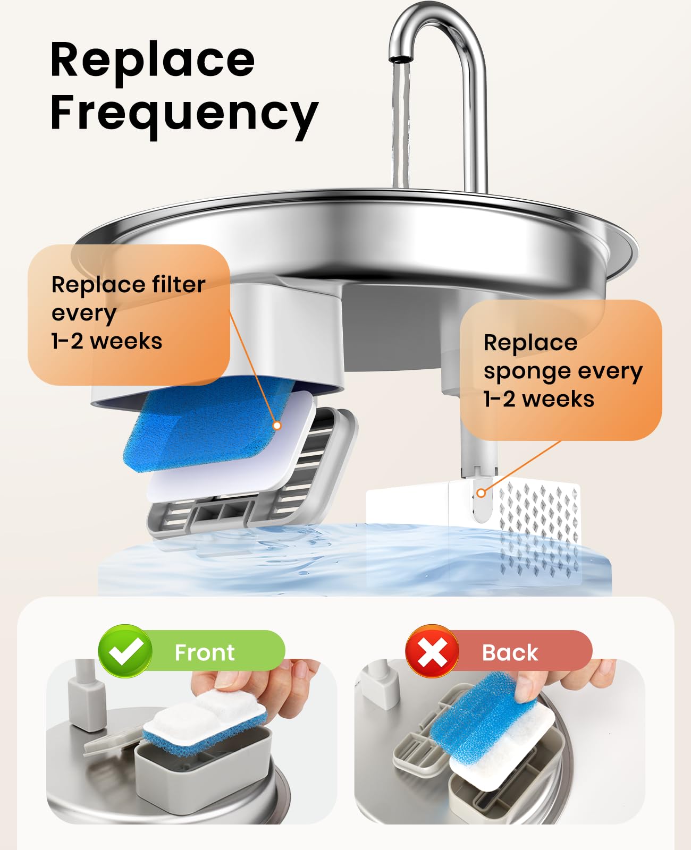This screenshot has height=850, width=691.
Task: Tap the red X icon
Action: [x=432, y=651]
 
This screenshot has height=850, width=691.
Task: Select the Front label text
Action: [x=205, y=652]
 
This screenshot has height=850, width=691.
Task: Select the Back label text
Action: [x=510, y=652]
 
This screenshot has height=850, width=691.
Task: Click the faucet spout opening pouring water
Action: [x=400, y=59]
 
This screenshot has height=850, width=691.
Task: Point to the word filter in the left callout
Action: [x=179, y=284]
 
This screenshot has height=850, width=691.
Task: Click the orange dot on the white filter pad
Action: [x=276, y=426]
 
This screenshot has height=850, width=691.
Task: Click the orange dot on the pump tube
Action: [x=481, y=493]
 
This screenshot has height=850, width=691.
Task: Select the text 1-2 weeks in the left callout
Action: [x=106, y=342]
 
